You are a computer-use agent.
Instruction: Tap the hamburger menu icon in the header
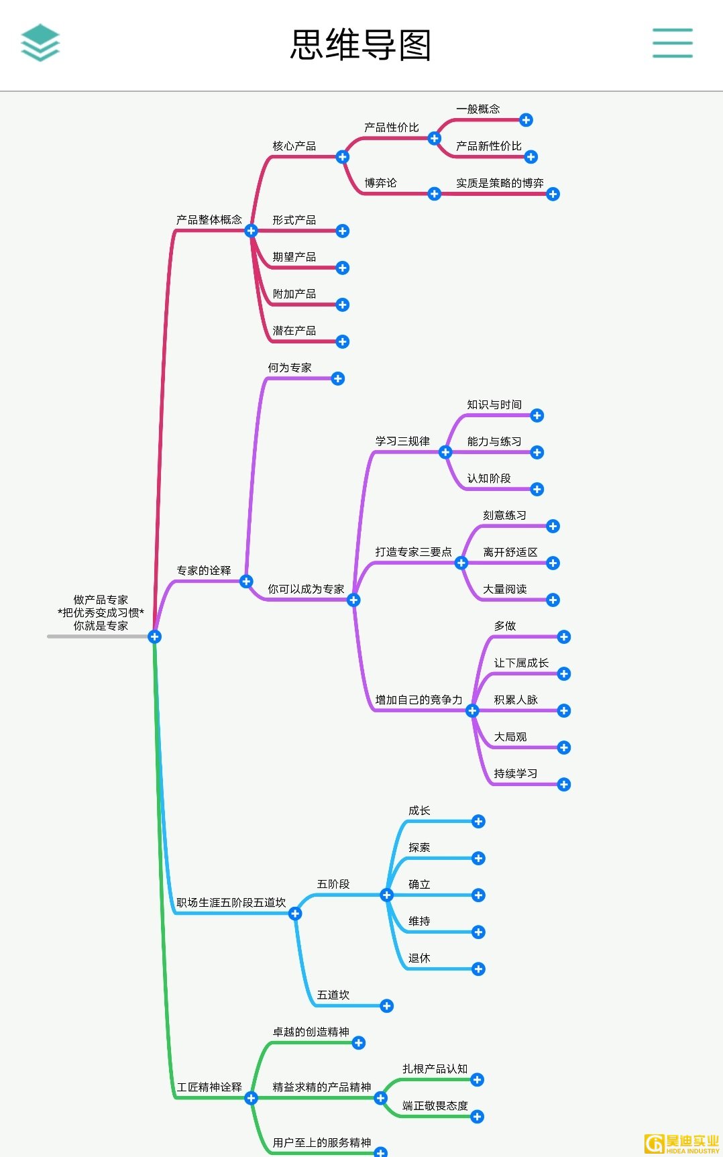click(672, 43)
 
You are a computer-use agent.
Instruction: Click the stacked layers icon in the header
click(40, 43)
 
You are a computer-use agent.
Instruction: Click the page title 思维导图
click(361, 45)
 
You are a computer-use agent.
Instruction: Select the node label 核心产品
click(294, 146)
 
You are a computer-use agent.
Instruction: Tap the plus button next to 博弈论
click(435, 194)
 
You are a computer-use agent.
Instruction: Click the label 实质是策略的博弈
click(500, 183)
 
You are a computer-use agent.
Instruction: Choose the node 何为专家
click(290, 368)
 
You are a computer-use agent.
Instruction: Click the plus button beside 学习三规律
click(445, 453)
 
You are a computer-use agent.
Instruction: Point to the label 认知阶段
click(489, 478)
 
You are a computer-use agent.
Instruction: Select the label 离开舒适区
click(510, 552)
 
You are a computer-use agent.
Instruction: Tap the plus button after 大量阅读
click(553, 600)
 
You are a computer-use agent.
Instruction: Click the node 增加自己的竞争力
click(419, 700)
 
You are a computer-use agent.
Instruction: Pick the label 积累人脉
click(516, 700)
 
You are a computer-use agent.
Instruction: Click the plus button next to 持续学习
click(564, 785)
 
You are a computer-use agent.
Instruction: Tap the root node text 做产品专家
click(101, 600)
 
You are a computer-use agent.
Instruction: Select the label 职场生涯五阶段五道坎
click(231, 903)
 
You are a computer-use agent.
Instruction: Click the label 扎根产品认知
click(435, 1068)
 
